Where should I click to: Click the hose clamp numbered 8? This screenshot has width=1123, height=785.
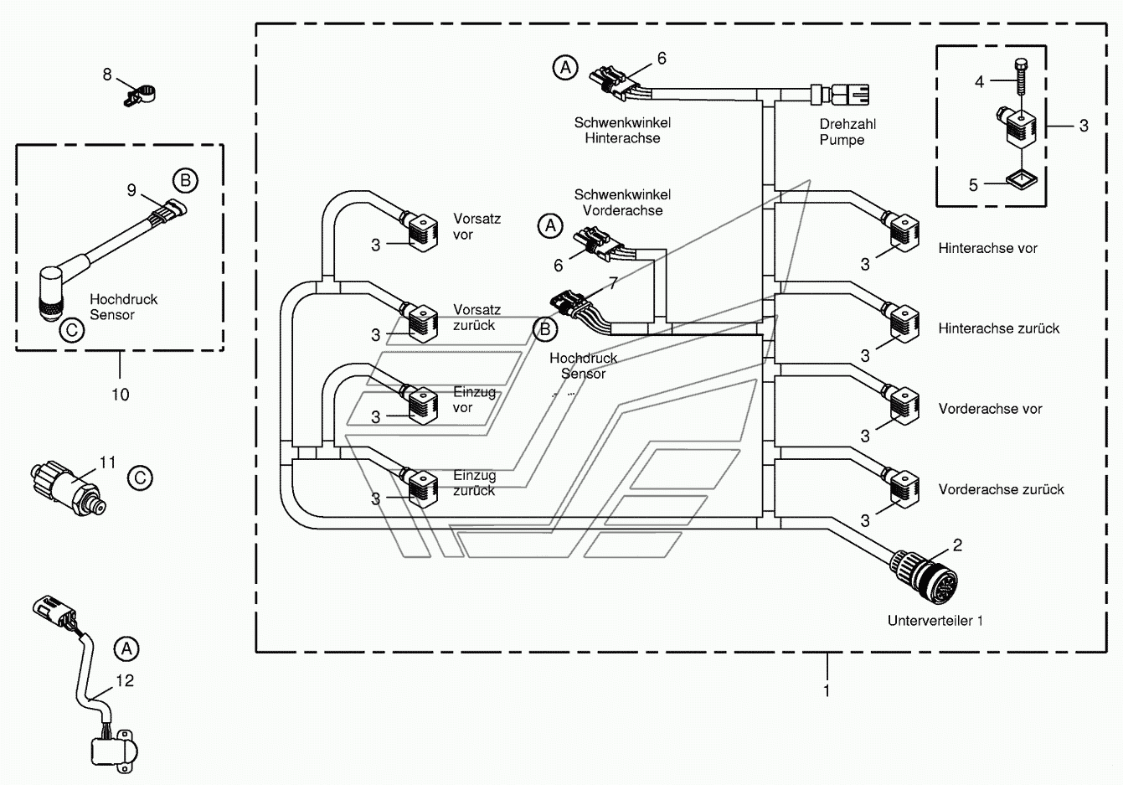[x=139, y=95]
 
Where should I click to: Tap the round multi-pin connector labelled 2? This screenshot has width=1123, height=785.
[x=924, y=577]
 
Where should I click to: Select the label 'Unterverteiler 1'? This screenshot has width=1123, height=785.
[x=935, y=621]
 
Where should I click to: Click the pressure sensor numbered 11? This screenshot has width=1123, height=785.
[x=68, y=488]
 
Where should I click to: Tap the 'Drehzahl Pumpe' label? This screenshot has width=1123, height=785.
[x=847, y=132]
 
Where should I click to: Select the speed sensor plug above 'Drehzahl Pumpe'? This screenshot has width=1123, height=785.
[x=840, y=95]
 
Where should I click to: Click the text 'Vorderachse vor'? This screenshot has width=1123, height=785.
[x=990, y=409]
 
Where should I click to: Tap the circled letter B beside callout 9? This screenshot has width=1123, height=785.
[x=186, y=181]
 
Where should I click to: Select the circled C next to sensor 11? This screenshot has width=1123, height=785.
[x=140, y=478]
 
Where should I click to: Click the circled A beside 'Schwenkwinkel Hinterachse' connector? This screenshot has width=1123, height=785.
[x=565, y=67]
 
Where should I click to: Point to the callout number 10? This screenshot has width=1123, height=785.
[x=121, y=395]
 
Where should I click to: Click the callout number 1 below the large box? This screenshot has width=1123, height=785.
[x=827, y=690]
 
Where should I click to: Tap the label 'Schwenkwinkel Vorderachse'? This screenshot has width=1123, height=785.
[x=623, y=203]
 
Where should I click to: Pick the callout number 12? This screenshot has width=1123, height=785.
[x=125, y=680]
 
